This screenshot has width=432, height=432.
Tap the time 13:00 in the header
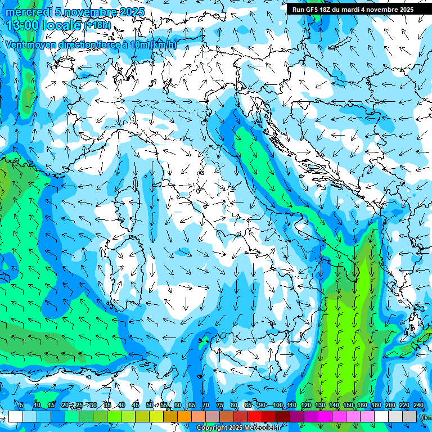pyautogui.click(x=23, y=25)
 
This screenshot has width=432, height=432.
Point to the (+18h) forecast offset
pyautogui.click(x=100, y=25)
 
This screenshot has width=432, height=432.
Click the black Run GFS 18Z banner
pyautogui.click(x=353, y=9)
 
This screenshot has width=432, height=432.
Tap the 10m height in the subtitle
pyautogui.click(x=138, y=44)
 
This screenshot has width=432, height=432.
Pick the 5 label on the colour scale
pyautogui.click(x=21, y=406)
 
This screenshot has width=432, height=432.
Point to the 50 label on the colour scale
pyautogui.click(x=150, y=406)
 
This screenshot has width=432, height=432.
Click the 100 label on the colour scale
pyautogui.click(x=278, y=406)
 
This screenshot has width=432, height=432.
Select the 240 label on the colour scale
pyautogui.click(x=418, y=406)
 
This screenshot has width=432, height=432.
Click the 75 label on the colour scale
pyautogui.click(x=220, y=406)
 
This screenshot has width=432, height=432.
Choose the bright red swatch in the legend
pyautogui.click(x=255, y=416)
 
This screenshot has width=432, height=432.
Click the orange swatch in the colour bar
pyautogui.click(x=184, y=416)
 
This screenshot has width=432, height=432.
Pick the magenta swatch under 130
pyautogui.click(x=325, y=416)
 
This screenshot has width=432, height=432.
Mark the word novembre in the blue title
pyautogui.click(x=91, y=12)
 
